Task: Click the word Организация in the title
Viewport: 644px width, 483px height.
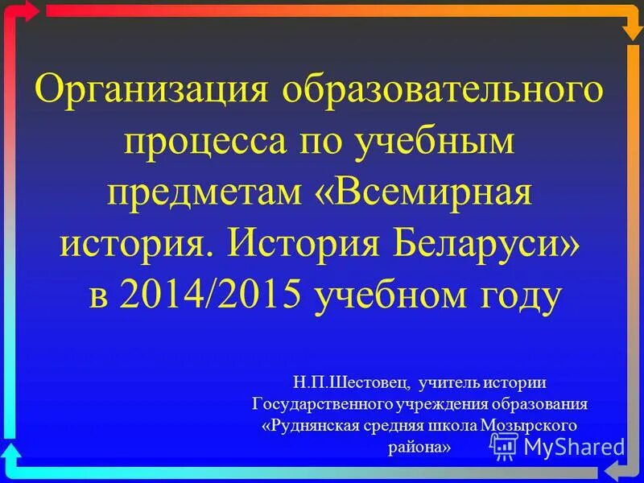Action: click(x=153, y=88)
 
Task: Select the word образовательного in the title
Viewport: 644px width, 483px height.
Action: click(x=443, y=88)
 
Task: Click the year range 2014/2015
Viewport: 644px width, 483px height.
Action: click(x=211, y=295)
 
